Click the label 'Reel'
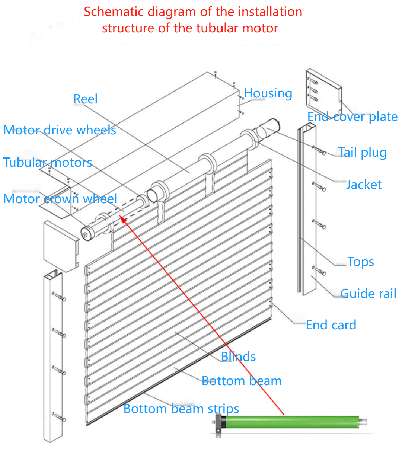pyautogui.click(x=85, y=99)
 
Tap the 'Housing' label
pyautogui.click(x=268, y=93)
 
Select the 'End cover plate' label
pyautogui.click(x=352, y=117)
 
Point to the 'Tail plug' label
pyautogui.click(x=362, y=153)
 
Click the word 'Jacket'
pyautogui.click(x=364, y=185)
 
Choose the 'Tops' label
pyautogui.click(x=360, y=262)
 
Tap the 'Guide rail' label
pyautogui.click(x=368, y=294)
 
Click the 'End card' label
pyautogui.click(x=331, y=325)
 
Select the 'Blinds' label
pyautogui.click(x=238, y=357)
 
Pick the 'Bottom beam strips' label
pyautogui.click(x=181, y=409)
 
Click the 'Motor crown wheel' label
pyautogui.click(x=60, y=199)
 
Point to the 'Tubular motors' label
pyautogui.click(x=48, y=163)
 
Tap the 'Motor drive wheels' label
pyautogui.click(x=60, y=130)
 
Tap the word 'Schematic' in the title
pyautogui.click(x=114, y=12)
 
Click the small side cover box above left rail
pyautogui.click(x=60, y=246)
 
